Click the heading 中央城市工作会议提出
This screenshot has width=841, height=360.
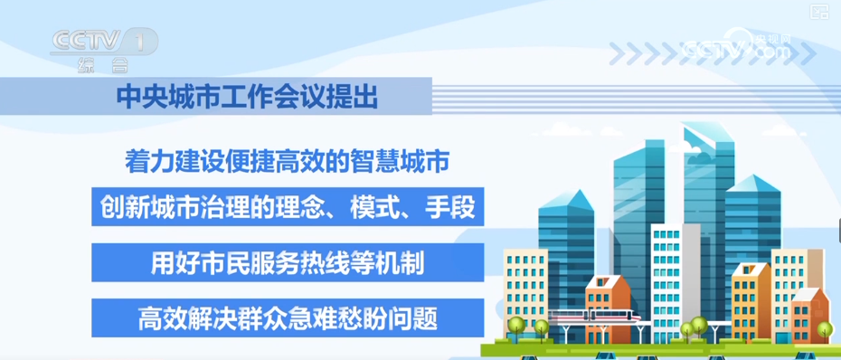[247, 97]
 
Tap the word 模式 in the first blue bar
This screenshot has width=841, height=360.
[371, 207]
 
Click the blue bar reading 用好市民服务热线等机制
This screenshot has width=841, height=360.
[288, 262]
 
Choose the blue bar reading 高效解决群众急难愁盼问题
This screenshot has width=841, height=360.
[288, 317]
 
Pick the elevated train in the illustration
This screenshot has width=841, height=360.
[594, 316]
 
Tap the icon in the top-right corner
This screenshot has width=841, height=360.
[819, 12]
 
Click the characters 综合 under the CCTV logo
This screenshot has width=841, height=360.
[103, 65]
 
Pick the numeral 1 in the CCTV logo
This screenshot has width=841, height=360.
[140, 42]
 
